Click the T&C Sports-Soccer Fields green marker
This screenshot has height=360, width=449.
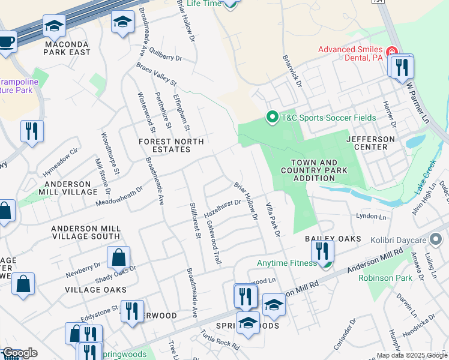[x=272, y=117]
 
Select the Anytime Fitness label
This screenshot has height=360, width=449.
[x=286, y=263]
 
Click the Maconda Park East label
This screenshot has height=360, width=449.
[x=66, y=48]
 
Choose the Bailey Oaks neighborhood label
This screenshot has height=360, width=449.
[x=333, y=239]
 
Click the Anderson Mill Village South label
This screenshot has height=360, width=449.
[x=85, y=232]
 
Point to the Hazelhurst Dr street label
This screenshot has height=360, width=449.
[x=222, y=208]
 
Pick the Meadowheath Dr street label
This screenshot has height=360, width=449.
[x=119, y=196]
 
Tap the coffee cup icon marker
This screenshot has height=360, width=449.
[x=7, y=42]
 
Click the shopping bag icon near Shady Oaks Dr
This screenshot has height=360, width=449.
[x=119, y=257]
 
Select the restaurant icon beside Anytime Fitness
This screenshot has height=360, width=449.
[x=323, y=251]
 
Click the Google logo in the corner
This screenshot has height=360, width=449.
[x=19, y=353]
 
